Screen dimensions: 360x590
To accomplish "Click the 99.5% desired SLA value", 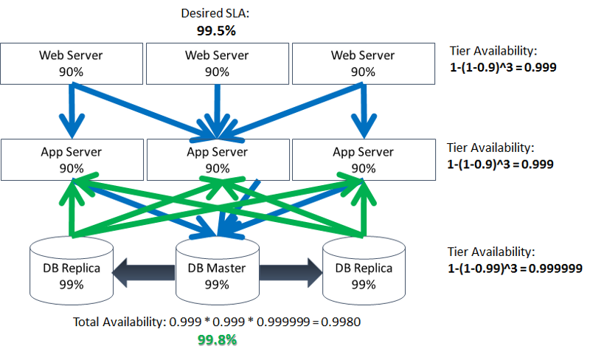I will click(x=215, y=32).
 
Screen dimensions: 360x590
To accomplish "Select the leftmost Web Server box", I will click(x=72, y=63).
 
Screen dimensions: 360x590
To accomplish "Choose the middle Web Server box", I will click(x=216, y=63).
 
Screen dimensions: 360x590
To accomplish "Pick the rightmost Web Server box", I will click(x=362, y=63).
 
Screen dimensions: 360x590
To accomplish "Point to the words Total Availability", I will click(x=119, y=322).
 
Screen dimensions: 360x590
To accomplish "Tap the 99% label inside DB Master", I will click(x=216, y=283).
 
